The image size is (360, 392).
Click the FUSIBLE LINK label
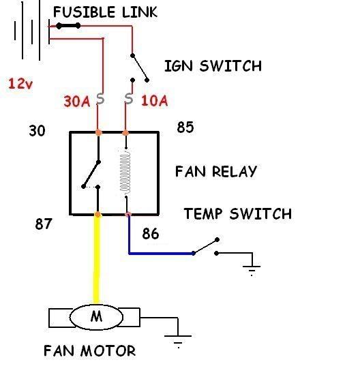pyautogui.click(x=105, y=12)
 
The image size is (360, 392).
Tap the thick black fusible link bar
pyautogui.click(x=68, y=25)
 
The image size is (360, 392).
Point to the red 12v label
pyautogui.click(x=20, y=83)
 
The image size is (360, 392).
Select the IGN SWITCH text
pyautogui.click(x=213, y=66)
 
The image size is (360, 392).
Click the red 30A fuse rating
pyautogui.click(x=77, y=102)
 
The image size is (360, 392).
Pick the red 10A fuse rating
pyautogui.click(x=155, y=101)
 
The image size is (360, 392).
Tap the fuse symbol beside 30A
pyautogui.click(x=100, y=98)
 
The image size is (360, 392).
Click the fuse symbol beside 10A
pyautogui.click(x=128, y=98)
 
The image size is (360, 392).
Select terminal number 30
pyautogui.click(x=37, y=131)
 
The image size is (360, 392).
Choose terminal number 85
pyautogui.click(x=185, y=127)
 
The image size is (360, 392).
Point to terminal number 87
pyautogui.click(x=44, y=224)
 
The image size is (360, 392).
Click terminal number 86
pyautogui.click(x=151, y=234)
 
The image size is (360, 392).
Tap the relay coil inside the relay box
pyautogui.click(x=125, y=172)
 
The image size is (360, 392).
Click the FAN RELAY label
pyautogui.click(x=216, y=172)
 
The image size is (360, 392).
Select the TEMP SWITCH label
pyautogui.click(x=238, y=214)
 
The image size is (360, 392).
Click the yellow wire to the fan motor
pyautogui.click(x=97, y=259)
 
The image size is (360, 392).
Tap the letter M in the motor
pyautogui.click(x=97, y=316)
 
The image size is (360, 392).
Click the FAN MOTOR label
pyautogui.click(x=90, y=350)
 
